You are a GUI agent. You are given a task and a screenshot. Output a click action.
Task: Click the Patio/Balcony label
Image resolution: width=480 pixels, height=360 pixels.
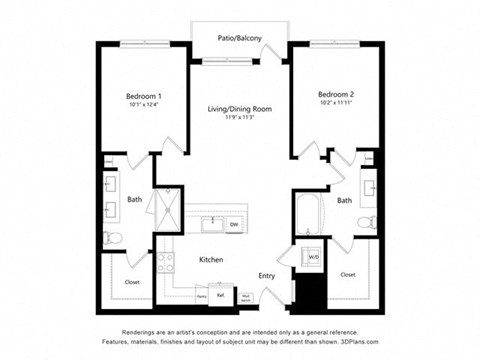240,39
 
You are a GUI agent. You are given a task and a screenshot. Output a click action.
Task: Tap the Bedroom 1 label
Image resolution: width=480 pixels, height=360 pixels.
145,95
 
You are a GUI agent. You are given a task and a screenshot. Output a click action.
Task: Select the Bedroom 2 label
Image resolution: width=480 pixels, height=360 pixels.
337,94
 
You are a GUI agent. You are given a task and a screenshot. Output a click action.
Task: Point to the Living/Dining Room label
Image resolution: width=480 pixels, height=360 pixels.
241,108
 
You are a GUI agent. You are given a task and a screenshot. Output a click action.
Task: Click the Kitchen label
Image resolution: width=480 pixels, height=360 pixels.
210,260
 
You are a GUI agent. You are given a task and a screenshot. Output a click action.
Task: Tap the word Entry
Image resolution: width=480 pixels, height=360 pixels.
267,275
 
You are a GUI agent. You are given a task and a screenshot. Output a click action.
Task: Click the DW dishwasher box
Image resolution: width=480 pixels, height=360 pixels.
234,225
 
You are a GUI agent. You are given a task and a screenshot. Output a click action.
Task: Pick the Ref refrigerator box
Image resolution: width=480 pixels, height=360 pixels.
219,295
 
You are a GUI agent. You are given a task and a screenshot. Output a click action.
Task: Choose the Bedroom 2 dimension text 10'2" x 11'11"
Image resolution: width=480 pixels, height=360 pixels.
337,104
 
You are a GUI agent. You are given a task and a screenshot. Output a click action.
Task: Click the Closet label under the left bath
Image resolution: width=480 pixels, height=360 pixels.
131,282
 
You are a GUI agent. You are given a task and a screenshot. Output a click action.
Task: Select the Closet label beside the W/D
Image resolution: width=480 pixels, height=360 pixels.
347,273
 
